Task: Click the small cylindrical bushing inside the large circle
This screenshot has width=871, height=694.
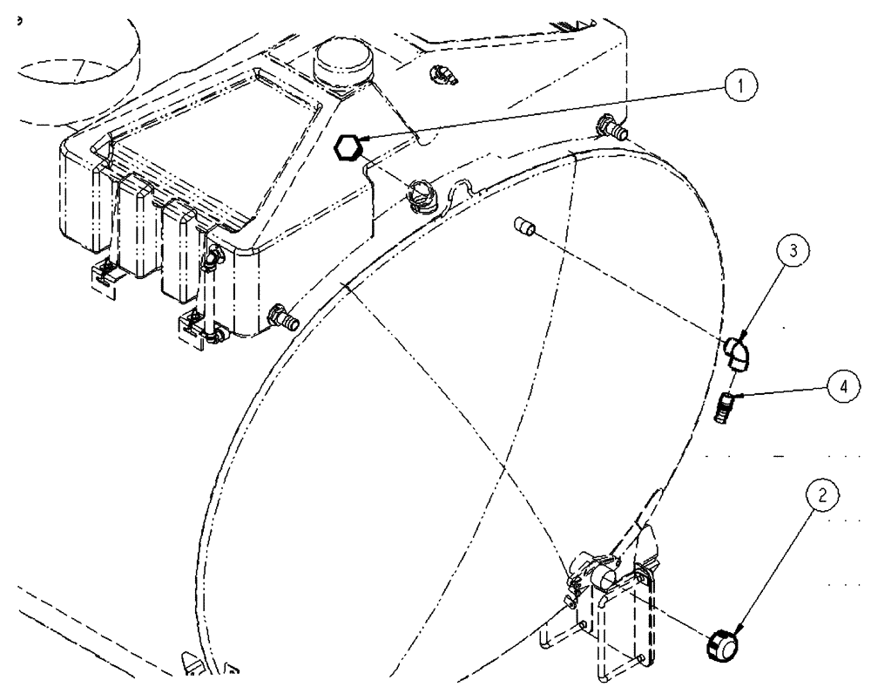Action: click(x=524, y=229)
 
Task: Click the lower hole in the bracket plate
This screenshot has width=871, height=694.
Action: click(x=642, y=658)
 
